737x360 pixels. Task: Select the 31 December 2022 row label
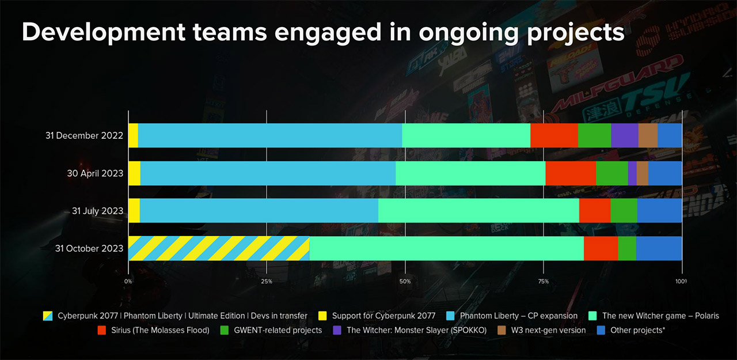pyautogui.click(x=85, y=136)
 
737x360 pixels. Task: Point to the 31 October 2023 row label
pyautogui.click(x=89, y=249)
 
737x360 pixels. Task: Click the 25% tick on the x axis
pyautogui.click(x=267, y=281)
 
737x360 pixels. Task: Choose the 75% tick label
pyautogui.click(x=543, y=281)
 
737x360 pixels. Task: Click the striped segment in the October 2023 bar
pyautogui.click(x=219, y=248)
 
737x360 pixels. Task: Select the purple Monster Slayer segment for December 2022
pyautogui.click(x=625, y=135)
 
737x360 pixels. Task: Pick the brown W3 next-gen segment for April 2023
pyautogui.click(x=643, y=173)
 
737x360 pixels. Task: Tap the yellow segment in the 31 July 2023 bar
pyautogui.click(x=134, y=211)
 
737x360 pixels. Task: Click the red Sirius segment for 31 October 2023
pyautogui.click(x=601, y=248)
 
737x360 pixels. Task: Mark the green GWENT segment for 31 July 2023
pyautogui.click(x=624, y=211)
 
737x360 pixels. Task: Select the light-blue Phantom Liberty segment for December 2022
pyautogui.click(x=269, y=135)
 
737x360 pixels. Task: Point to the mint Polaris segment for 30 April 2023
pyautogui.click(x=470, y=173)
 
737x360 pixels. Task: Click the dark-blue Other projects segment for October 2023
pyautogui.click(x=659, y=248)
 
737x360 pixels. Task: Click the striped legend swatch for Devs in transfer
pyautogui.click(x=48, y=316)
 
